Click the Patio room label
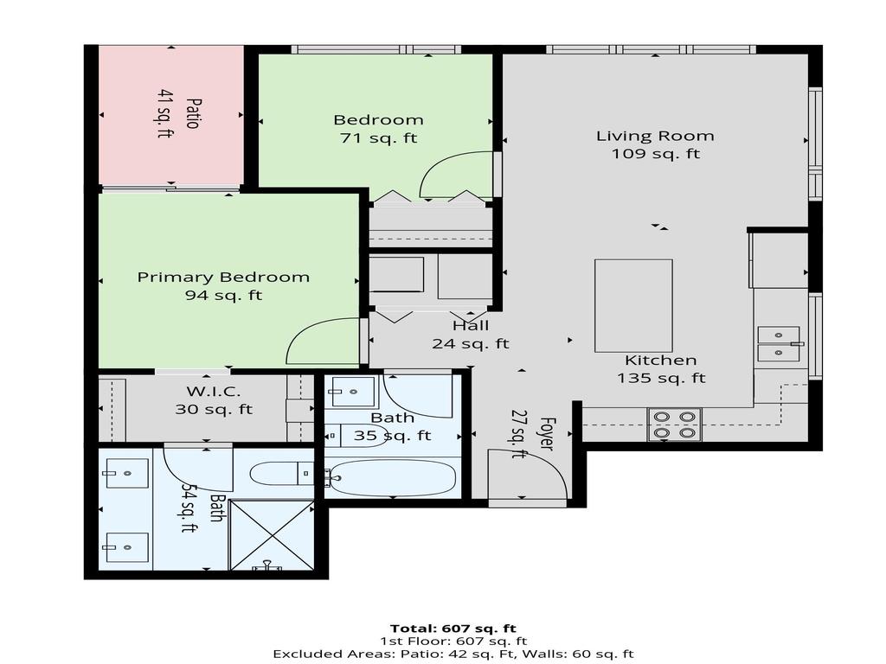point(192,113)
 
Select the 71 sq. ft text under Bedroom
point(378,138)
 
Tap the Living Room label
point(655,136)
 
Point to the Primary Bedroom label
point(223,278)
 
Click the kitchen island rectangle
point(633,305)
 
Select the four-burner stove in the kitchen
point(674,425)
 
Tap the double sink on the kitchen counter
point(779,343)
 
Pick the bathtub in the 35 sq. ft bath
point(393,477)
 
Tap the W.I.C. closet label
point(208,392)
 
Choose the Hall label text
point(471,326)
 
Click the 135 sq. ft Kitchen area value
point(661,378)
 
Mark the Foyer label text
point(546,431)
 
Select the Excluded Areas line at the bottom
point(453,654)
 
